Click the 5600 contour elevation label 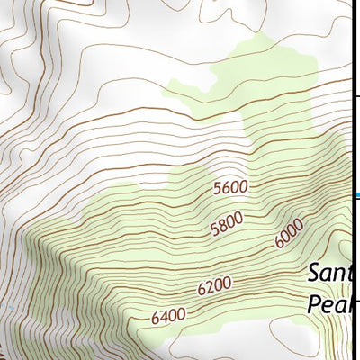click(230, 188)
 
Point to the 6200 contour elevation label click(214, 285)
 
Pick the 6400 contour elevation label click(168, 316)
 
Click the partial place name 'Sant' click(333, 271)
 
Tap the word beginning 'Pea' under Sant click(334, 302)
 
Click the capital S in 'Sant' click(314, 271)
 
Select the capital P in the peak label click(314, 302)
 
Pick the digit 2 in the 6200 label click(208, 287)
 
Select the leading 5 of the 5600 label click(218, 190)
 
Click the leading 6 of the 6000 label click(280, 242)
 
